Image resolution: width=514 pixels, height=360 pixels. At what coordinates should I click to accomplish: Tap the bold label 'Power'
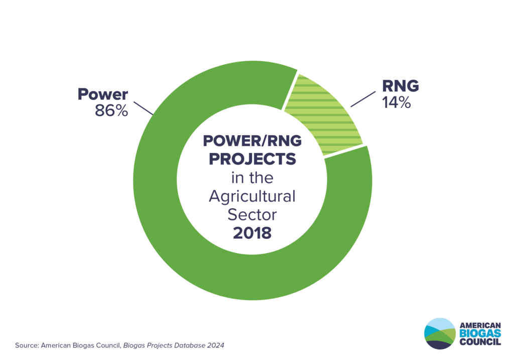[102, 94]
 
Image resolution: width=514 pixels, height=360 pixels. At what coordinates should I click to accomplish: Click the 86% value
[111, 110]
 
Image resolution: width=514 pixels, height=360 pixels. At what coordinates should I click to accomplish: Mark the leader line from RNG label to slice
[363, 99]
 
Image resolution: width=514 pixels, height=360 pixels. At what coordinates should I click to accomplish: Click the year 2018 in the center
[251, 233]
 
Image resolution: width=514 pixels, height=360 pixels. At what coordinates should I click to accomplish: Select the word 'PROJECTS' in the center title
[252, 159]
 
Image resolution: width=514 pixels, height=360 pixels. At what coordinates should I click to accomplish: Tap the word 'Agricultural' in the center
[252, 196]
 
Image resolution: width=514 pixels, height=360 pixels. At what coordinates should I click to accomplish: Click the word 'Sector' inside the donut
[252, 215]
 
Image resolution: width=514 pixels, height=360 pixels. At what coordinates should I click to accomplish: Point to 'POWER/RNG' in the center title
[252, 141]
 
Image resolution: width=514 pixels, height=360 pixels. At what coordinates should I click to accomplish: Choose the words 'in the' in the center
[252, 178]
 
